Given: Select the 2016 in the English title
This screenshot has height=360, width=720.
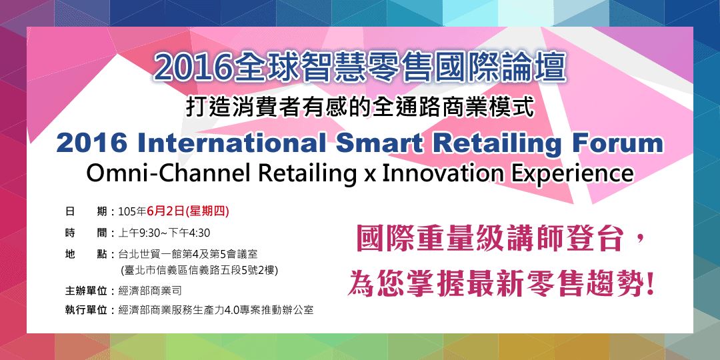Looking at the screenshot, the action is coord(91,144).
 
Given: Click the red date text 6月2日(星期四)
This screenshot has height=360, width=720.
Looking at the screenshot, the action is coord(188,211).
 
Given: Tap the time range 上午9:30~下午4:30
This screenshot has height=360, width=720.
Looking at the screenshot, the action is coord(165,233).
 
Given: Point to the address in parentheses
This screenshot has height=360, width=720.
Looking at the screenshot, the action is coord(199,270).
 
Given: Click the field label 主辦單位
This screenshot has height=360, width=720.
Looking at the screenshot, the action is coord(86,291).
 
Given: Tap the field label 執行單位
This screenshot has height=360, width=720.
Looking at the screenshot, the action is coord(86,310).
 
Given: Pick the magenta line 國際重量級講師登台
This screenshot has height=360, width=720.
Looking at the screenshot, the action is coord(489,240).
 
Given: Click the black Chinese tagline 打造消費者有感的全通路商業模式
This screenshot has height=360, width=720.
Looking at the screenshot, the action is coord(361,108).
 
